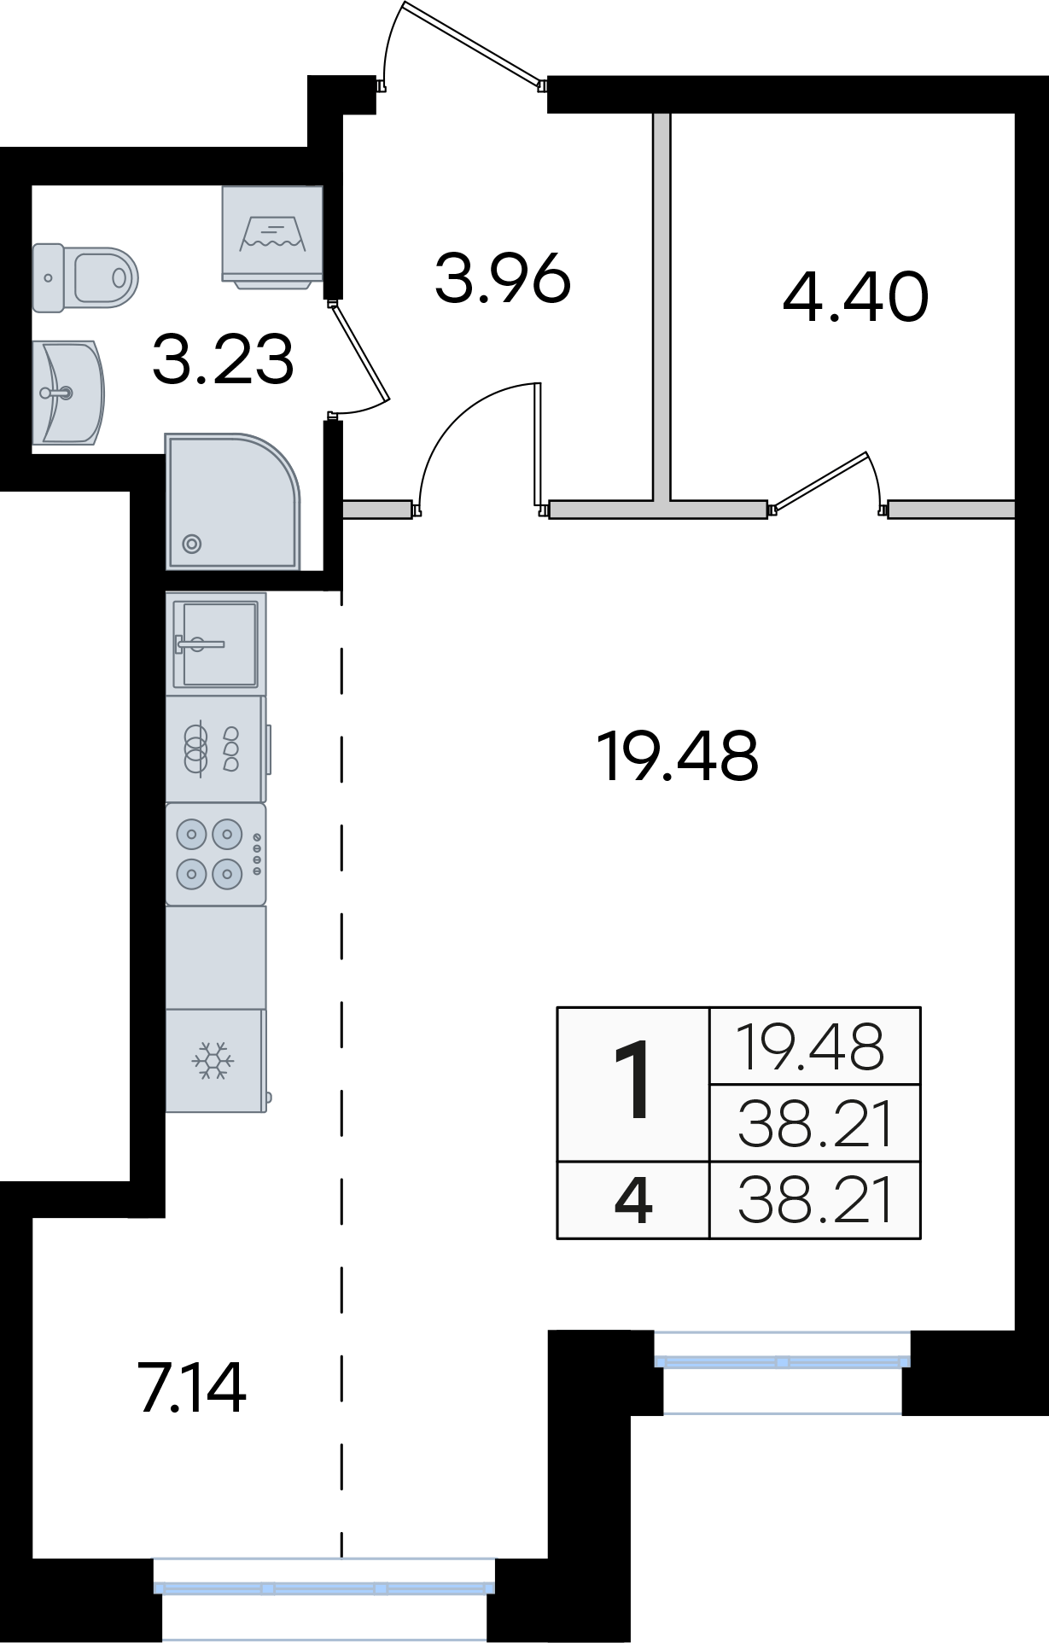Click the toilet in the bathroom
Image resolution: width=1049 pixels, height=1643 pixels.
[x=85, y=277]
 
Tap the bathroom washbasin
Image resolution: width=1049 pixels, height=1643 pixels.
[x=67, y=393]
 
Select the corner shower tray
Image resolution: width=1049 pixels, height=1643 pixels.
[x=232, y=501]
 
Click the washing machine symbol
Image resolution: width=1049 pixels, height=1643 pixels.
[x=272, y=237]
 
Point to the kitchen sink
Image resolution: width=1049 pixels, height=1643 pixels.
[x=215, y=644]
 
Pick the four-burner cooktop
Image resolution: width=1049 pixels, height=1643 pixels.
[x=216, y=854]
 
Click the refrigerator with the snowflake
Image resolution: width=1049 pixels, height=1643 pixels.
[x=216, y=1060]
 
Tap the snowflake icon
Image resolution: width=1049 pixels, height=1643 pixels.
[x=213, y=1060]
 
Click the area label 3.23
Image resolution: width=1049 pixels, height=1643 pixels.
[x=224, y=359]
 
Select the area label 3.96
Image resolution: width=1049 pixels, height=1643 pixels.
[x=503, y=278]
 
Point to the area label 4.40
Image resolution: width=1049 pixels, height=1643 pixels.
[x=855, y=296]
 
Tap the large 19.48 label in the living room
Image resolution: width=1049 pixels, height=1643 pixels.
[x=678, y=755]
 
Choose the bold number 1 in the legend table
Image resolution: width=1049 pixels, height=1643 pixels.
[x=633, y=1081]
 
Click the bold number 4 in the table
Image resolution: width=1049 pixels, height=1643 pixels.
[x=633, y=1199]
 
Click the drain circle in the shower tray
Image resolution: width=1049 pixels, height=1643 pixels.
[x=192, y=543]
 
